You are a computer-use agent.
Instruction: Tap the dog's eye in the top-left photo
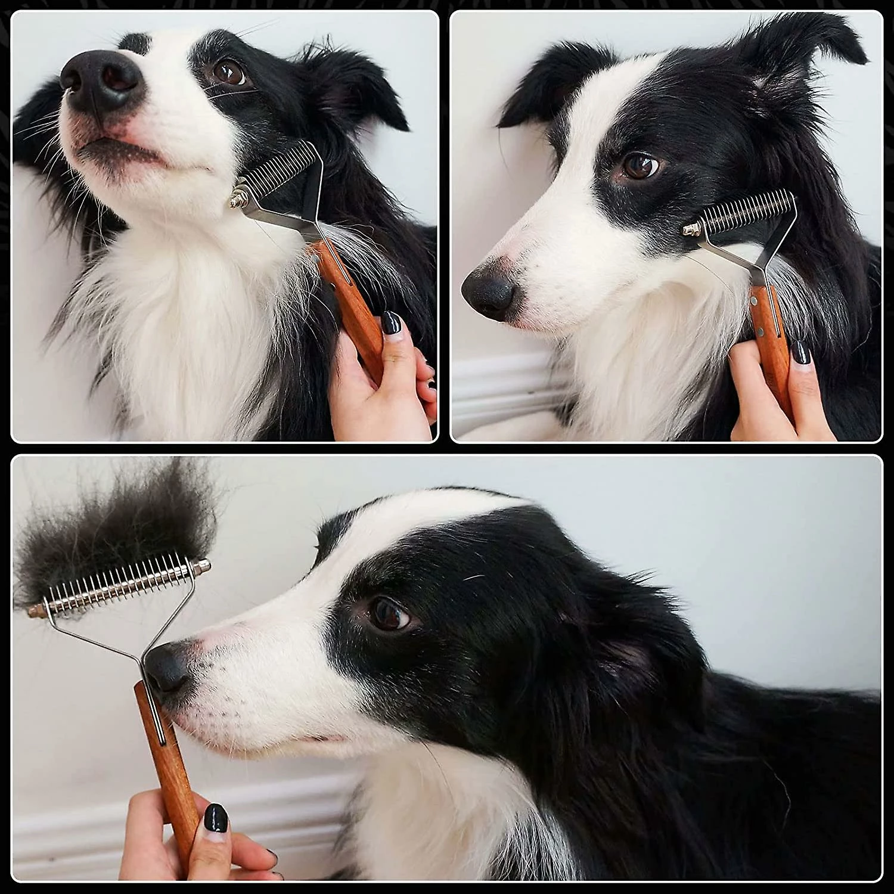230,73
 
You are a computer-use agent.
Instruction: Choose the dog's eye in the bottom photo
387,614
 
